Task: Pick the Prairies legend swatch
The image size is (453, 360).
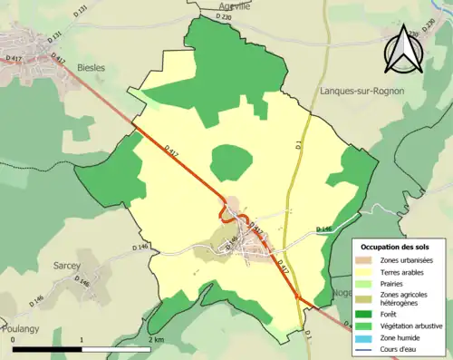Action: pyautogui.click(x=361, y=282)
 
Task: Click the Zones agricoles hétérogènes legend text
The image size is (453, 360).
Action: pyautogui.click(x=403, y=298)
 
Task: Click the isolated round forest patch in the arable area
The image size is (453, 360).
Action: pyautogui.click(x=230, y=163)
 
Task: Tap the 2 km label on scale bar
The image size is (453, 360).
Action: pyautogui.click(x=157, y=339)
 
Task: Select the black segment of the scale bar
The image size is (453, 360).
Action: pyautogui.click(x=47, y=348)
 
